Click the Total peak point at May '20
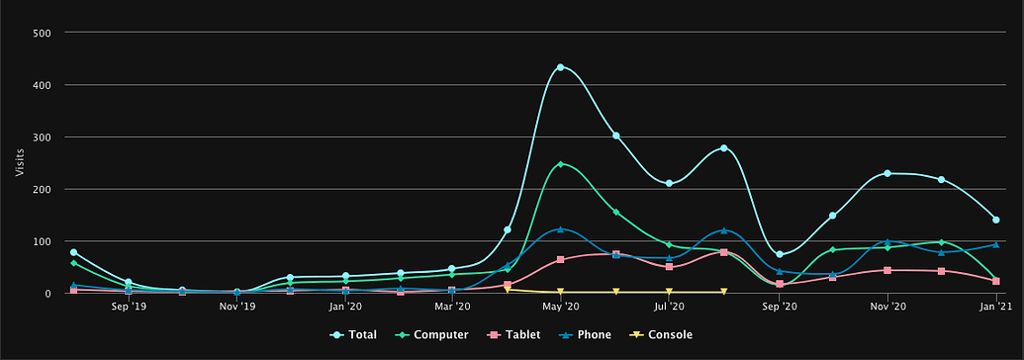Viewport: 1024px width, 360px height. point(561,67)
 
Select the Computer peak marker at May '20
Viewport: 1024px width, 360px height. point(561,164)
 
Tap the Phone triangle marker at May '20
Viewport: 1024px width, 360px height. point(561,229)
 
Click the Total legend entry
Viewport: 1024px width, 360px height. point(354,335)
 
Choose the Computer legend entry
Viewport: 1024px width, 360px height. point(434,335)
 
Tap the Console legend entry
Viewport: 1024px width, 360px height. point(662,335)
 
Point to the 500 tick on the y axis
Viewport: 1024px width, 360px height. point(43,33)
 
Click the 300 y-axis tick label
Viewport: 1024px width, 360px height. point(43,136)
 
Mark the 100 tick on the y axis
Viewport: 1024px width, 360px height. point(43,241)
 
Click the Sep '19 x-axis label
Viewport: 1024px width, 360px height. point(129,308)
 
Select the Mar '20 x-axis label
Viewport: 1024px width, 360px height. point(452,308)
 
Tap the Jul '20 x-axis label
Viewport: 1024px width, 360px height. point(670,308)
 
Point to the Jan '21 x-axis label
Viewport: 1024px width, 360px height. point(994,308)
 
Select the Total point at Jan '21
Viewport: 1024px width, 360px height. point(995,220)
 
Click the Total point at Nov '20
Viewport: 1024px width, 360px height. point(887,173)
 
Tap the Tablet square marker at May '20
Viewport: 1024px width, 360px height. point(561,259)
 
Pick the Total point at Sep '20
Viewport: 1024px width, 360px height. point(780,254)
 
